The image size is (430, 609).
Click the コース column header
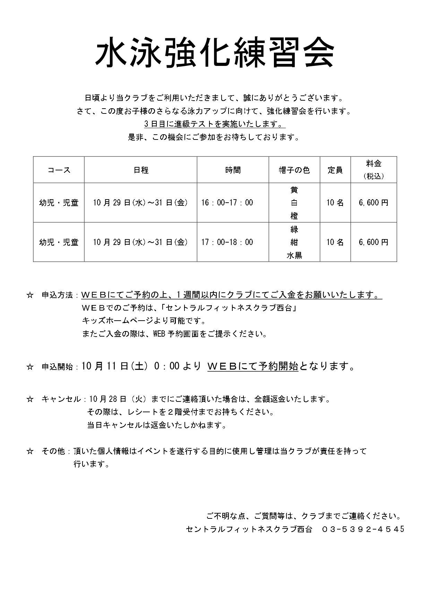pos(59,170)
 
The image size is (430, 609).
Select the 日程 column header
pos(141,170)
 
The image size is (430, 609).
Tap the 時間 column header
pos(233,170)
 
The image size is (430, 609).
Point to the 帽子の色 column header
pos(294,170)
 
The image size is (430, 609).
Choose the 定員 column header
pos(335,170)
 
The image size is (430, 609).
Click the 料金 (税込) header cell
pos(373,170)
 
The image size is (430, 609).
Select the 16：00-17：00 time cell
pos(227,203)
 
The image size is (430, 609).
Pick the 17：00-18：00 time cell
pos(227,242)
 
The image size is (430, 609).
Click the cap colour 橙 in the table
pos(294,216)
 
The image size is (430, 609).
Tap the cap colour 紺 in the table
pos(294,242)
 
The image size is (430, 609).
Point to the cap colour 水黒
pos(294,255)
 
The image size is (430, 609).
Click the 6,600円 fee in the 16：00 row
pos(373,203)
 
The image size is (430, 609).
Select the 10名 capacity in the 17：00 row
pos(335,242)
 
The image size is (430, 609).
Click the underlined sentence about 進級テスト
pos(215,124)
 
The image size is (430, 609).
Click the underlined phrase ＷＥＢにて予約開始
pos(253,366)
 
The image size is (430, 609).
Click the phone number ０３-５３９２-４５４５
pos(363,529)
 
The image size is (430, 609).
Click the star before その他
pos(30,451)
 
